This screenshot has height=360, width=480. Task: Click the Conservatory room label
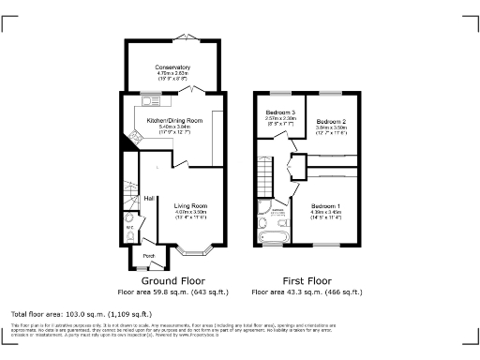(x=173, y=67)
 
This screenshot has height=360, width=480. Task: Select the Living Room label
(x=191, y=205)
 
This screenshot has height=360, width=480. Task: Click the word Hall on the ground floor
(x=149, y=198)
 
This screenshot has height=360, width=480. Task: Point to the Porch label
(x=148, y=255)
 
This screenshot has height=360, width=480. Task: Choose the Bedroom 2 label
(x=331, y=123)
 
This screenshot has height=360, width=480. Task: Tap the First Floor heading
(x=307, y=280)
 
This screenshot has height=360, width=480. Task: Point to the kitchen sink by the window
(x=148, y=100)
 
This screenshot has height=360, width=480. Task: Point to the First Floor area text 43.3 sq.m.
(x=307, y=292)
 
